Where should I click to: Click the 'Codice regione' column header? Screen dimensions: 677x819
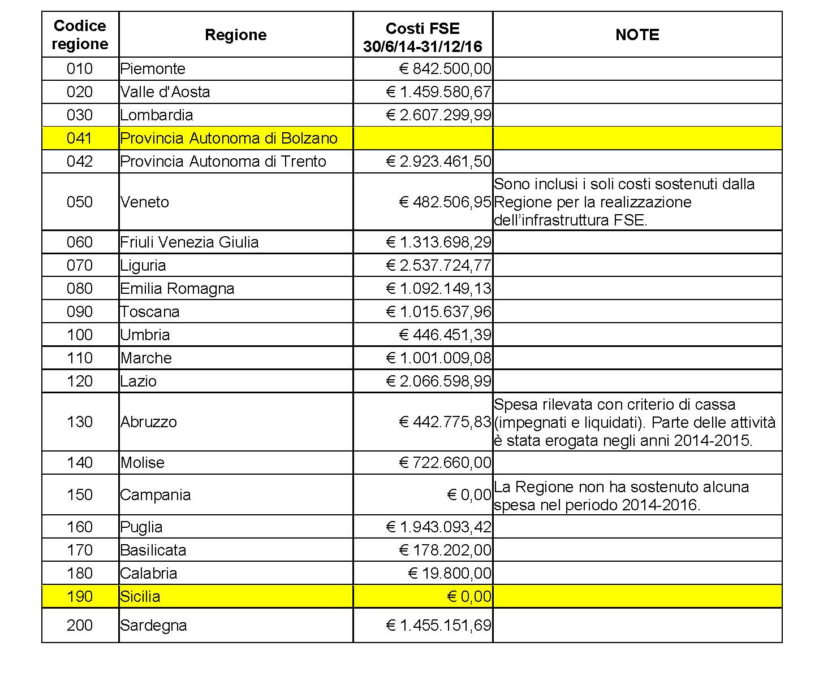coord(80,35)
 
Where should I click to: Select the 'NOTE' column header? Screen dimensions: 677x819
coord(637,35)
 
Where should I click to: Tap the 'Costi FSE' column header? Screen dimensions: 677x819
coord(423,37)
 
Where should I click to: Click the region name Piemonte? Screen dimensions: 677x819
coord(153,69)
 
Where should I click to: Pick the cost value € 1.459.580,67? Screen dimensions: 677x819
coord(438,92)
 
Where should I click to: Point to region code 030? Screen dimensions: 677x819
coord(80,115)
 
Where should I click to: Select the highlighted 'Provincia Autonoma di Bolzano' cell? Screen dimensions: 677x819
coord(229,138)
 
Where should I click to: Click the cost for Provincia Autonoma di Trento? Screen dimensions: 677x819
coord(438,162)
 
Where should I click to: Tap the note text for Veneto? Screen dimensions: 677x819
coord(624,202)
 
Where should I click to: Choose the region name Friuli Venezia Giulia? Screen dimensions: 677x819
coord(189,242)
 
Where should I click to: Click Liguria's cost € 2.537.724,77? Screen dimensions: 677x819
coord(438,266)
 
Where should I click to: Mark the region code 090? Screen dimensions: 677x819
coord(80,312)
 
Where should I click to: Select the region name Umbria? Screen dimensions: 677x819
coord(145,335)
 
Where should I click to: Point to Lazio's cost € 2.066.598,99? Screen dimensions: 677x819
coord(438,381)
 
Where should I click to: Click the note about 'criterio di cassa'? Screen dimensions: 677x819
coord(635,422)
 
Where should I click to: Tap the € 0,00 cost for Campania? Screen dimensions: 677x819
coord(469,495)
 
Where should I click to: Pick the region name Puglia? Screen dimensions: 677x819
coord(141,527)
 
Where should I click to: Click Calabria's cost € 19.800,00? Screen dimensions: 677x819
coord(450,574)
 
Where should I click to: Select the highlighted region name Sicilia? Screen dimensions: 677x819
coord(140,597)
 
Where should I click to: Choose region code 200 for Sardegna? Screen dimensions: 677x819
coord(80,626)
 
